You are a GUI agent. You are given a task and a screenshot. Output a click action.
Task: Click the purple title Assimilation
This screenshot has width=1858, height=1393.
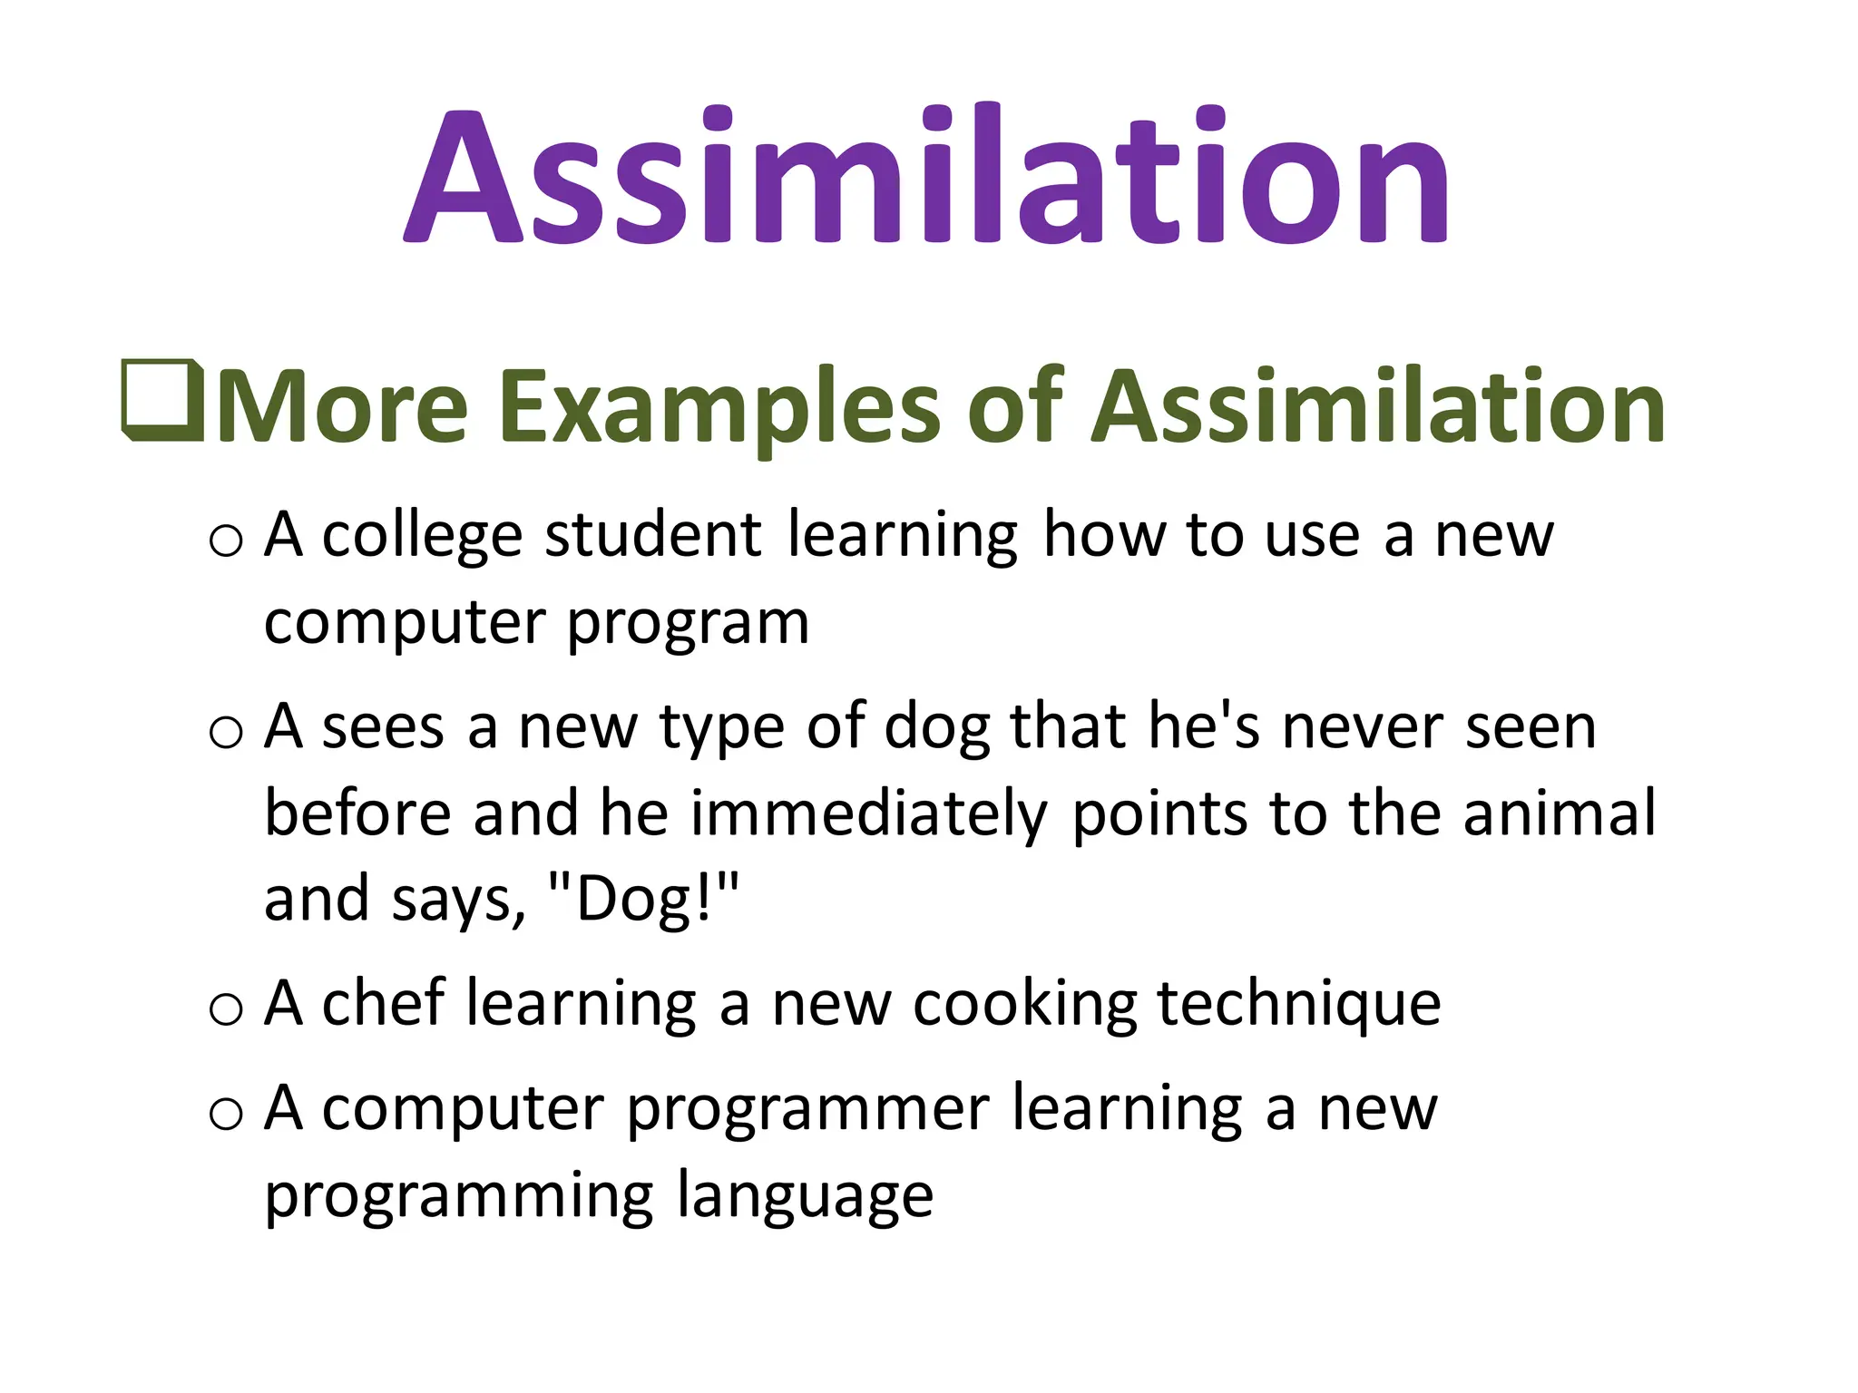(x=925, y=177)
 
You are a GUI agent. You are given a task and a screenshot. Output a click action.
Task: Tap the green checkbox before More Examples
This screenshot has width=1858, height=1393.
(x=161, y=401)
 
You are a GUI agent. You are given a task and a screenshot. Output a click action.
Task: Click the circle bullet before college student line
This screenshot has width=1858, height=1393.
(x=226, y=541)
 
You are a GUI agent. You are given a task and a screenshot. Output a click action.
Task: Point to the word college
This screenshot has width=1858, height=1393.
(x=422, y=537)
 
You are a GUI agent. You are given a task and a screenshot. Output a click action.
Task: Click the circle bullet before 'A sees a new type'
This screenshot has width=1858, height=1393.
(x=226, y=732)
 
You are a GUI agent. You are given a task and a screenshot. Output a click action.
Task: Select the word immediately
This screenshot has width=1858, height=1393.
(x=868, y=814)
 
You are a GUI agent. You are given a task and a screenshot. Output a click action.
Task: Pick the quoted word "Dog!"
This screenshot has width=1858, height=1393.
(x=644, y=900)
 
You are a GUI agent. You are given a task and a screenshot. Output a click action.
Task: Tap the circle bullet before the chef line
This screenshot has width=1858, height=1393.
(x=226, y=1008)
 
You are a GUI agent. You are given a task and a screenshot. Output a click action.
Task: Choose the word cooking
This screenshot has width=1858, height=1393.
(x=1024, y=1005)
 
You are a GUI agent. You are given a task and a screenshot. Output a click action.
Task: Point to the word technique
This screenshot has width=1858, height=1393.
(x=1298, y=1005)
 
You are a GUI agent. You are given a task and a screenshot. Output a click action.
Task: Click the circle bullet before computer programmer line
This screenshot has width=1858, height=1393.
(x=226, y=1113)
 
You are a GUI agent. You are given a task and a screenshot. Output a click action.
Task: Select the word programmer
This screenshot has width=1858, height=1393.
(x=807, y=1110)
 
